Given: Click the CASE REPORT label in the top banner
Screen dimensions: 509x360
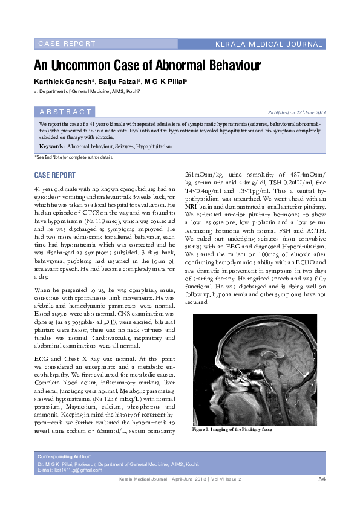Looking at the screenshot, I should point(67,44).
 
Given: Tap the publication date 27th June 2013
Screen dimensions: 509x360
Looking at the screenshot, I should point(296,112).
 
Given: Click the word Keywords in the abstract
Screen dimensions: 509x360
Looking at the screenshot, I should point(51,146).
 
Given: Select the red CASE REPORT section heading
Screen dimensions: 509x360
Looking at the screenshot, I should point(54,175).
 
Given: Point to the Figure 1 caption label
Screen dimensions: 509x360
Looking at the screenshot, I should point(201,429).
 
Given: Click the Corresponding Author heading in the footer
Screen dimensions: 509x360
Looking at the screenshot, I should point(64,456).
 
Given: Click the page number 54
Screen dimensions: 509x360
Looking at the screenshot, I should point(322,479).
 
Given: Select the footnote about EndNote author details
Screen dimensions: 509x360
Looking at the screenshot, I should point(73,157).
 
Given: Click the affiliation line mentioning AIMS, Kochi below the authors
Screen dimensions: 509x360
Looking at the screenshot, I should point(88,91).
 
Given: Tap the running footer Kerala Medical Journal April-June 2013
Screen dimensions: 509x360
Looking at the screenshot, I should point(178,479).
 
